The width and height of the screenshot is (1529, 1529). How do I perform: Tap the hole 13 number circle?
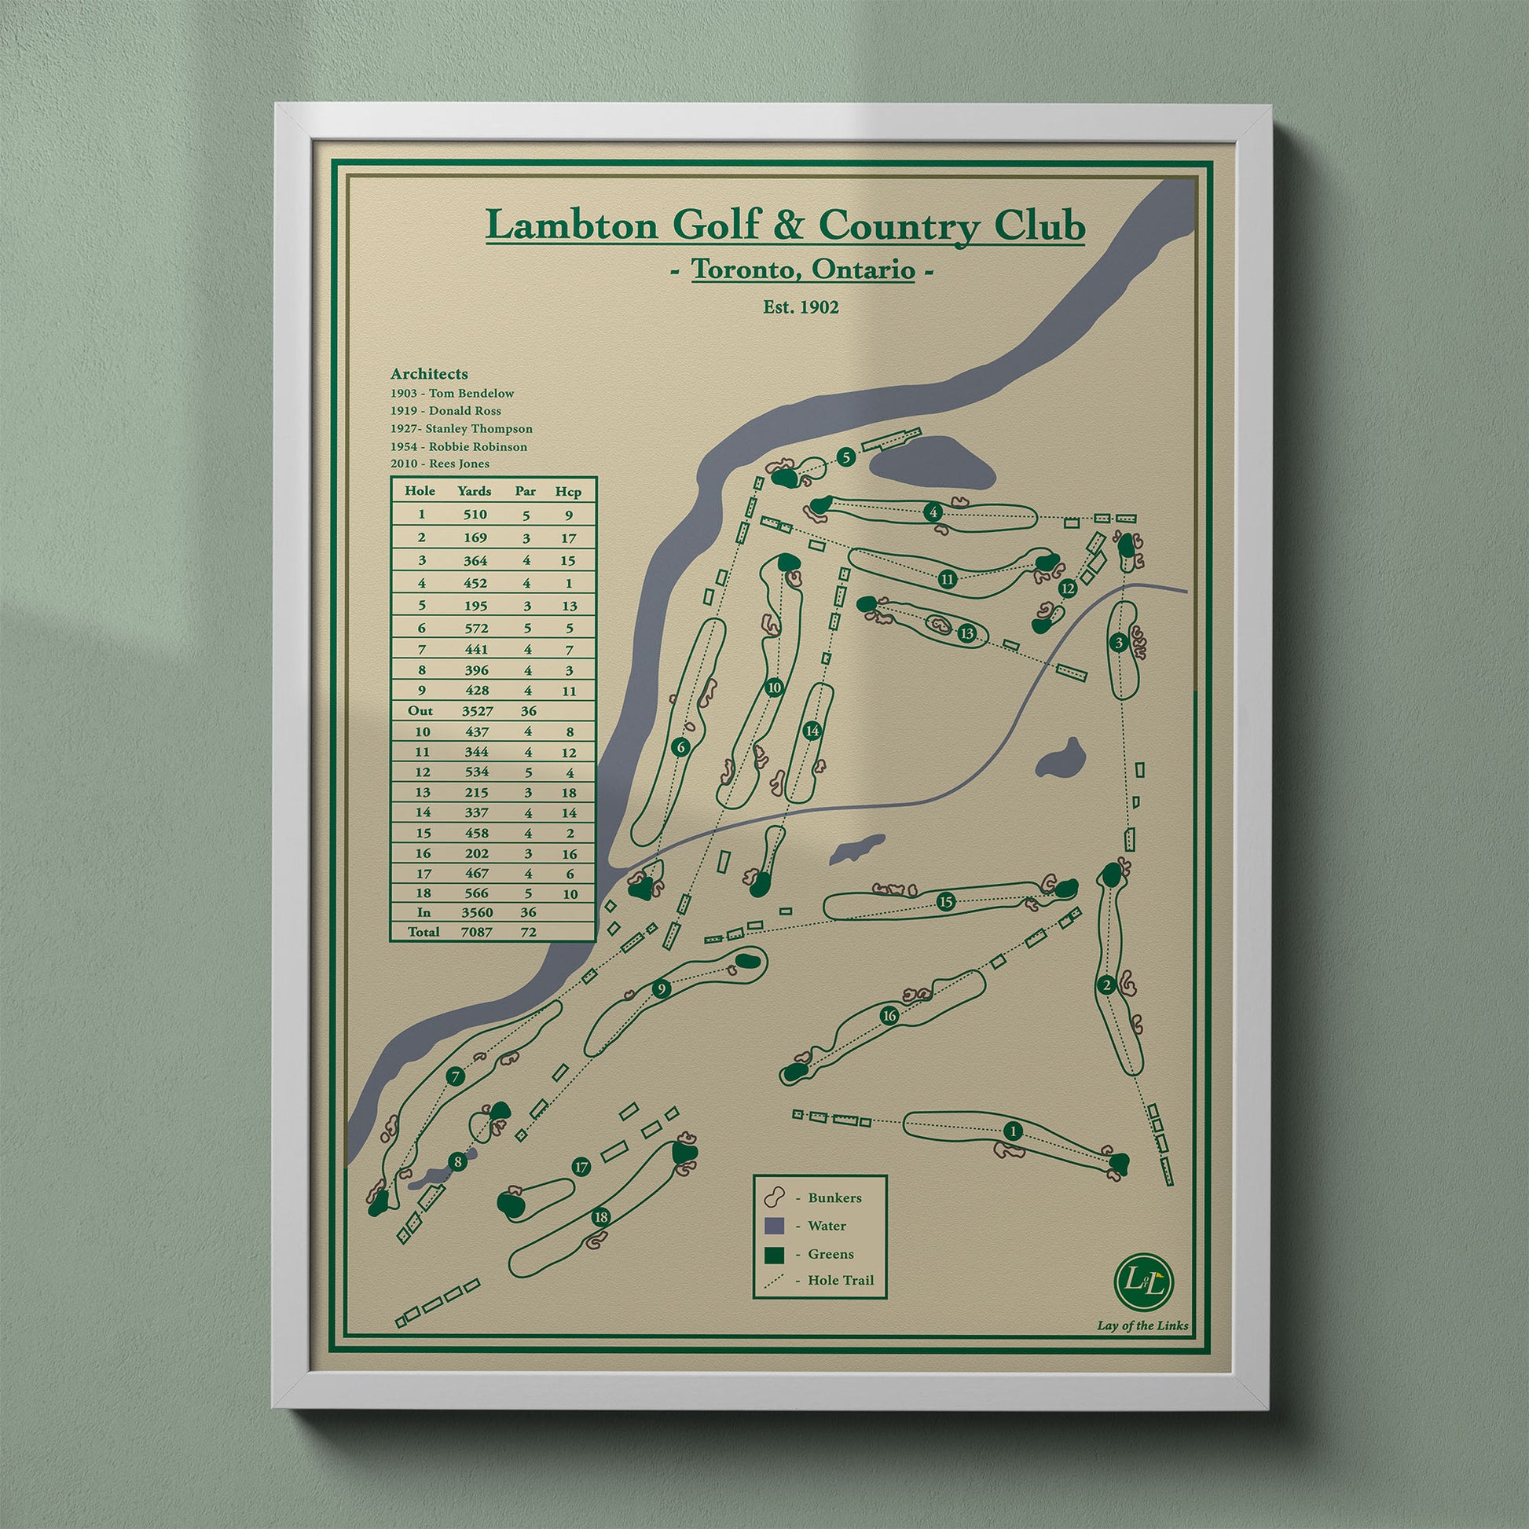pyautogui.click(x=966, y=633)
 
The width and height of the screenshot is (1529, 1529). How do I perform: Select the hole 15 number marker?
pyautogui.click(x=946, y=901)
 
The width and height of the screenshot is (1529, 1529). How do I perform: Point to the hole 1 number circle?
pyautogui.click(x=1011, y=1131)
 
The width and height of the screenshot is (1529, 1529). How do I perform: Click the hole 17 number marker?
pyautogui.click(x=581, y=1167)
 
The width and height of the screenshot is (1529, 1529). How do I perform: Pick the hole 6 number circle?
pyautogui.click(x=680, y=746)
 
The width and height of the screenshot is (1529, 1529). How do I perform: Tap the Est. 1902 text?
pyautogui.click(x=800, y=306)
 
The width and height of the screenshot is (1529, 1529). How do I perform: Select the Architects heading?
pyautogui.click(x=429, y=373)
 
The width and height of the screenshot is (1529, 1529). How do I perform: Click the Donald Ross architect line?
pyautogui.click(x=445, y=411)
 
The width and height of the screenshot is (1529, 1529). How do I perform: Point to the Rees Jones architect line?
pyautogui.click(x=440, y=464)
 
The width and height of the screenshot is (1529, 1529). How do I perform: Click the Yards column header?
pyautogui.click(x=474, y=492)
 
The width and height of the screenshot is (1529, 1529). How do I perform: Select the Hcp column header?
pyautogui.click(x=568, y=492)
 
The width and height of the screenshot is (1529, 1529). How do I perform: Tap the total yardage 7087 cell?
pyautogui.click(x=476, y=933)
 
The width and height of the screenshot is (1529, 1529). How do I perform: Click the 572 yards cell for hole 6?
pyautogui.click(x=475, y=629)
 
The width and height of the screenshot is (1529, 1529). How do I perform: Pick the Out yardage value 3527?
pyautogui.click(x=476, y=712)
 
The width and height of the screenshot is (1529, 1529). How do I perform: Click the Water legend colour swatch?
pyautogui.click(x=775, y=1226)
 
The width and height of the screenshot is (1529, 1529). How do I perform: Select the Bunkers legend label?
pyautogui.click(x=834, y=1197)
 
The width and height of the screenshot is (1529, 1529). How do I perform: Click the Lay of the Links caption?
pyautogui.click(x=1142, y=1325)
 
